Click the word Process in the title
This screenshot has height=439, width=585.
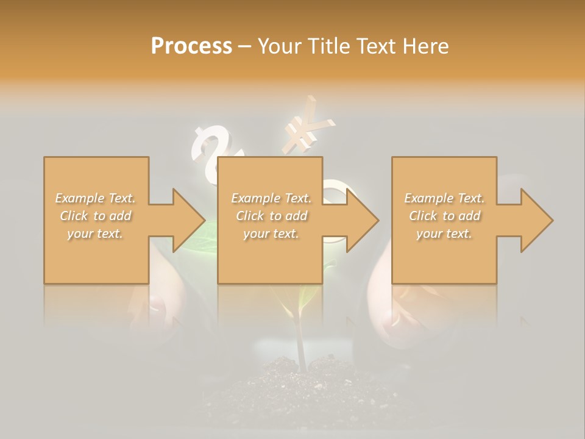191,46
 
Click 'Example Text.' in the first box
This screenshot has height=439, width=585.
96,198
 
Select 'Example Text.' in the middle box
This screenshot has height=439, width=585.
271,198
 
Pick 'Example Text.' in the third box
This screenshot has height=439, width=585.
444,198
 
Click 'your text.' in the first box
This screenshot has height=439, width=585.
96,234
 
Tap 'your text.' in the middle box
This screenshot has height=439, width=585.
271,234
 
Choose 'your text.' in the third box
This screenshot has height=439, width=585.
444,234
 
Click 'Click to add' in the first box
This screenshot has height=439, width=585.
96,216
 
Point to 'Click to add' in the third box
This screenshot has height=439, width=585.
444,216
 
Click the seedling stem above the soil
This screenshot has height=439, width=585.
299,341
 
